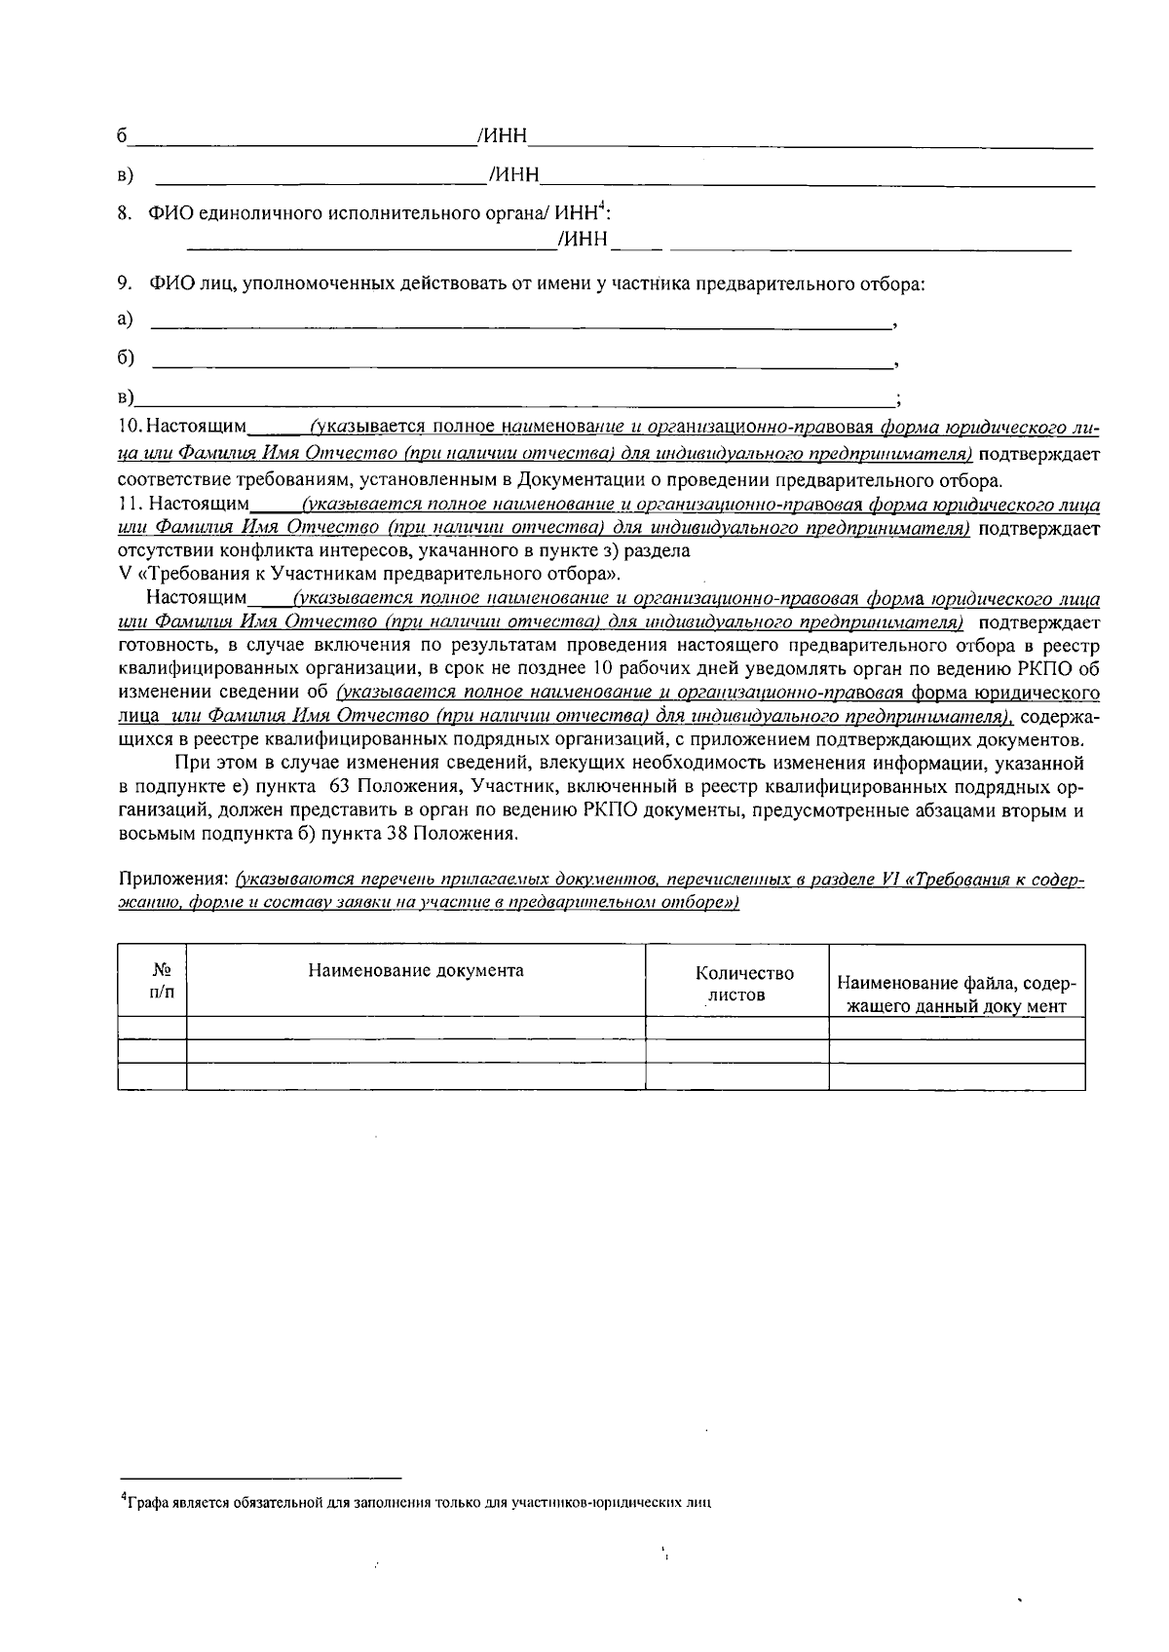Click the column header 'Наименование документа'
coord(416,970)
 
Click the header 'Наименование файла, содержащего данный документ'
coord(956,994)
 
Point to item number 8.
coord(124,212)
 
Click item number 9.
coord(124,284)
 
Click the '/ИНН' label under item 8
coord(583,240)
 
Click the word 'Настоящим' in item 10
coord(199,428)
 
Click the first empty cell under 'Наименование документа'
coord(416,1028)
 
